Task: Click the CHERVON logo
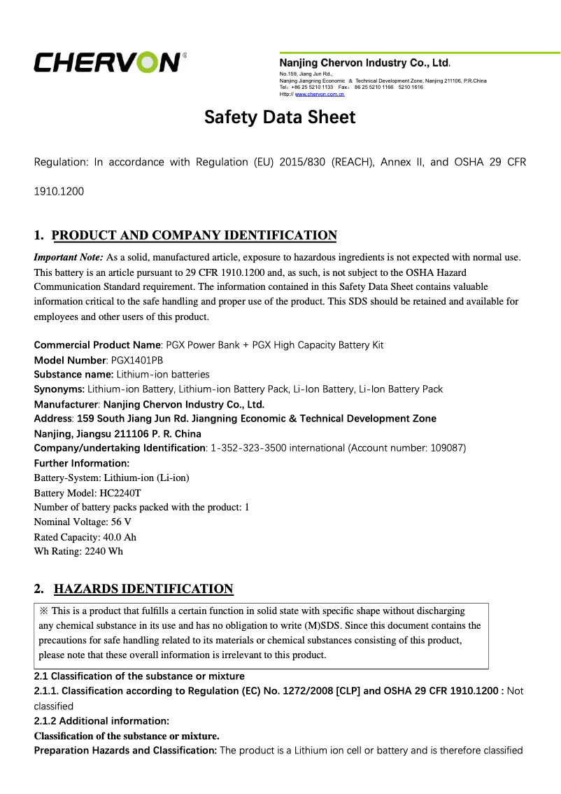(x=108, y=62)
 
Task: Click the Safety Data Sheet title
(x=280, y=117)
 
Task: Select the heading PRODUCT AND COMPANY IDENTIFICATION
(x=194, y=235)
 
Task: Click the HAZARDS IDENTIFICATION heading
(x=143, y=589)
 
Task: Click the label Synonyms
(x=59, y=389)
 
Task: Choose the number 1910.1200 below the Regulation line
(x=59, y=190)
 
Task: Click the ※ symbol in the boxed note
(x=43, y=611)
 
